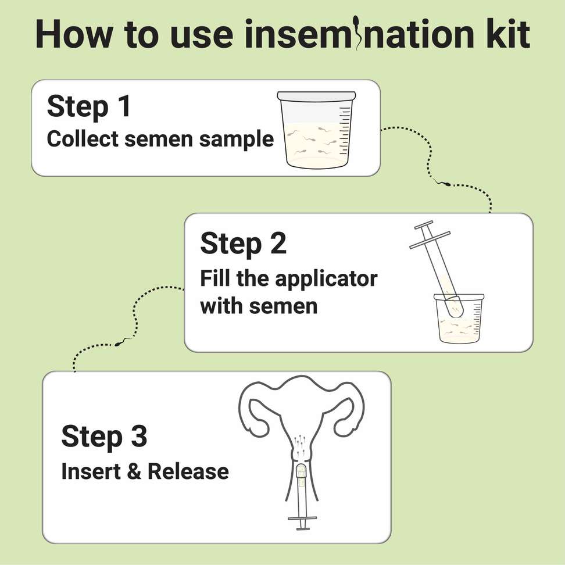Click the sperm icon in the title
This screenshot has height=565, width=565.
(x=357, y=33)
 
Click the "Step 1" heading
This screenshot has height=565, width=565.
(x=88, y=106)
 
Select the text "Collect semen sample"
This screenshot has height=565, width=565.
(x=160, y=139)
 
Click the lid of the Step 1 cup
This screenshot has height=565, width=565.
(x=316, y=96)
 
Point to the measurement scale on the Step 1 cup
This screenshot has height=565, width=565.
(x=345, y=131)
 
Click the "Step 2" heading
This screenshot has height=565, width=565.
(x=243, y=244)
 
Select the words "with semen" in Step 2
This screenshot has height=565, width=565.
(x=259, y=306)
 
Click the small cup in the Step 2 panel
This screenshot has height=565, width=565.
(x=459, y=319)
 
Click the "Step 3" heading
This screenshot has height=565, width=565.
(x=105, y=437)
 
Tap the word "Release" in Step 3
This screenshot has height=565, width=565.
(x=188, y=471)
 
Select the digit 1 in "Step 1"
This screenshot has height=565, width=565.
(x=124, y=106)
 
